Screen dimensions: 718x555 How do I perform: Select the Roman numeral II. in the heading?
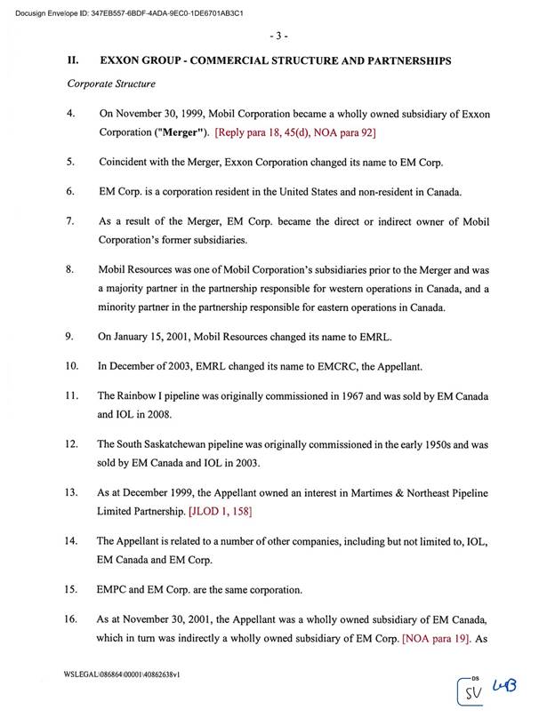coord(76,60)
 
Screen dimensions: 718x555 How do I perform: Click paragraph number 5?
coord(72,163)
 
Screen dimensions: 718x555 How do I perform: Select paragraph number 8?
coord(72,268)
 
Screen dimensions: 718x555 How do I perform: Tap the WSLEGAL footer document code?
coord(123,676)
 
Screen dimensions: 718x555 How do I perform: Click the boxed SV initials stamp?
coord(473,689)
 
